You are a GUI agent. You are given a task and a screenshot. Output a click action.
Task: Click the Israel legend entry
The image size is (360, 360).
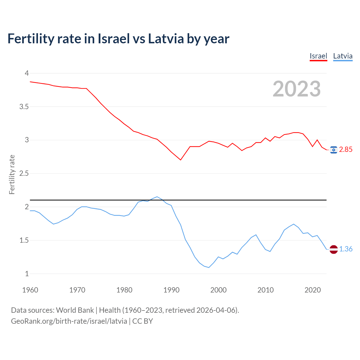318,56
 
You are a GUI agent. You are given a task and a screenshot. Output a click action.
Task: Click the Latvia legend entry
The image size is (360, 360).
343,56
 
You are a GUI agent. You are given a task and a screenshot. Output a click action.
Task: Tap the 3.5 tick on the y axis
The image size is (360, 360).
24,107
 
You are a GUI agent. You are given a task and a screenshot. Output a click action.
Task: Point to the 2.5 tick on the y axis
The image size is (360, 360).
24,173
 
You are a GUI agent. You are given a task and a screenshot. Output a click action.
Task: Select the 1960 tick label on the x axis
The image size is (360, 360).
30,290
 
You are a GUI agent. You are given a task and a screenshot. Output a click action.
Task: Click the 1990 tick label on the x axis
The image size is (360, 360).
171,290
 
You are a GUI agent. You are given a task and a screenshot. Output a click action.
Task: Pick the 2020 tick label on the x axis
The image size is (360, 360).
312,290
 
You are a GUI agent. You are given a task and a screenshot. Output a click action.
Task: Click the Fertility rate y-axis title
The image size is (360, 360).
12,174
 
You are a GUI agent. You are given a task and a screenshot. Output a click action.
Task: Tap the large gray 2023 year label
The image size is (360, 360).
296,89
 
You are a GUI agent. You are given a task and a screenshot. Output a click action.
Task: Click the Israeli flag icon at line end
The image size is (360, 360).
334,150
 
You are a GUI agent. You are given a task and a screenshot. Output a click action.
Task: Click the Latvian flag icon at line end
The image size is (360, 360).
334,249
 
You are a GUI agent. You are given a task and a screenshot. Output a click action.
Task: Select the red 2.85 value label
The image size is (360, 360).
346,150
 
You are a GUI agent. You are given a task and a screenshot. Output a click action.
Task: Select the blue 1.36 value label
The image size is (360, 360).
346,249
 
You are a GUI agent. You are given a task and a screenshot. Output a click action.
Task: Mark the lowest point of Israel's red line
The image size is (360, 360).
181,160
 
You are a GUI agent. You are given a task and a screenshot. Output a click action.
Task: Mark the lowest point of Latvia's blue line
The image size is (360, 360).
209,267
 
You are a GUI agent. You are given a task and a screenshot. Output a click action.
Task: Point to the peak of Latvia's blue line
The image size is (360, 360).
157,197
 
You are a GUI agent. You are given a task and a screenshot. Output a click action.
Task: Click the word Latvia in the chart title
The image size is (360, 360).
166,39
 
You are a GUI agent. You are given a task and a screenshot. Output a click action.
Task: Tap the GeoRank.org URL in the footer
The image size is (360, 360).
69,321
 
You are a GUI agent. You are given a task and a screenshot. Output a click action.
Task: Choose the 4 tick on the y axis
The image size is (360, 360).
27,73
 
